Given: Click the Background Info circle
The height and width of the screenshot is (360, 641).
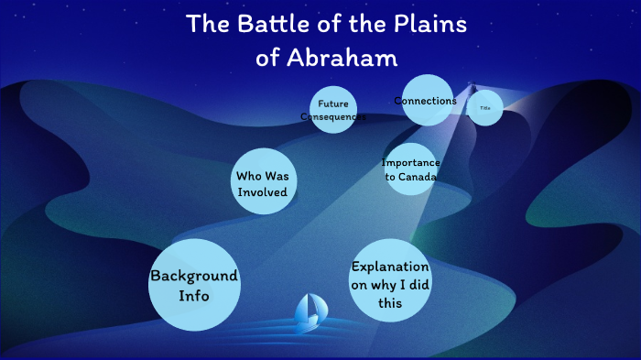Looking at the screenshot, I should click(194, 285).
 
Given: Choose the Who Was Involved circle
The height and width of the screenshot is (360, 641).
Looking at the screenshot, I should click(262, 183).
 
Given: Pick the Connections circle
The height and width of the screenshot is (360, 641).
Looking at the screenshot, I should click(425, 101).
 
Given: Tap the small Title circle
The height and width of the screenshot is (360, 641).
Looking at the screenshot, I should click(485, 108).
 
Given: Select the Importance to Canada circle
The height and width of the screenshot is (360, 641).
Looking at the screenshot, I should click(410, 169).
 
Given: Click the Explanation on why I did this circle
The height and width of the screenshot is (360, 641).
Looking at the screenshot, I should click(390, 281).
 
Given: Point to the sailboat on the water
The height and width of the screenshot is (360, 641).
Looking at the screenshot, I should click(309, 313).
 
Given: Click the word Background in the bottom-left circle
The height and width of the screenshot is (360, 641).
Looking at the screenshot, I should click(194, 276).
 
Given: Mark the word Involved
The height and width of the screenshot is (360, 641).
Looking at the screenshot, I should click(262, 192).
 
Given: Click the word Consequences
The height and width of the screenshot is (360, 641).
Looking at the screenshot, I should click(333, 117).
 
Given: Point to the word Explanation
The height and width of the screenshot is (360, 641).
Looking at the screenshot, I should click(390, 267).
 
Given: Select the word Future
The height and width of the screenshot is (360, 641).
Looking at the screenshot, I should click(333, 104).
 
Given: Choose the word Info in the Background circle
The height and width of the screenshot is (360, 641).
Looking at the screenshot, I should click(194, 296).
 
